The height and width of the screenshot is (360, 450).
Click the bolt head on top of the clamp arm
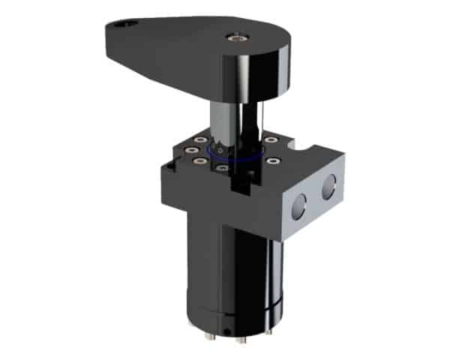237,34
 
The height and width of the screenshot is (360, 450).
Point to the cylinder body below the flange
240,262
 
